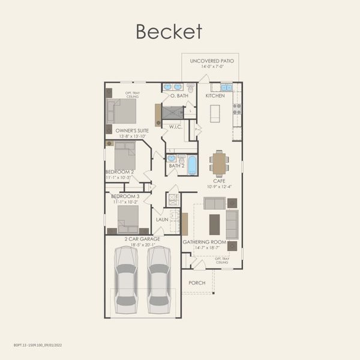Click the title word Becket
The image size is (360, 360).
coord(169,31)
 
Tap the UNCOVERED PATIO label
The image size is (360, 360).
coord(212,61)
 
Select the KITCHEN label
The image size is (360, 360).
coord(215,95)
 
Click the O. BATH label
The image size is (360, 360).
coord(179,95)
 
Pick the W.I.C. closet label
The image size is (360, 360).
coord(176,127)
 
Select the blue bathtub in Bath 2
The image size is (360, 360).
coord(192,165)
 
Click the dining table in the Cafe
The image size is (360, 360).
coord(220,163)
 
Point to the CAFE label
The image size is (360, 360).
coord(219,180)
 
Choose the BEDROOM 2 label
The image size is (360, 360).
coord(119,172)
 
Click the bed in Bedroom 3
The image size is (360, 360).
coord(128,217)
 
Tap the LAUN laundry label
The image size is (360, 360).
coord(161,220)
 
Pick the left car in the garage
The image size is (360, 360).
coord(126,277)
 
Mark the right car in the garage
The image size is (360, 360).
coord(159,277)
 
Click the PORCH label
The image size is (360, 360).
coord(197,283)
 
